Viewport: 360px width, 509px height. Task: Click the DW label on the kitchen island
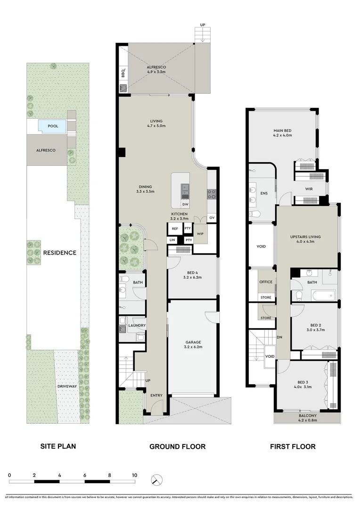click(185, 204)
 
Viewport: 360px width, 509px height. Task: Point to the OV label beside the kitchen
click(212, 217)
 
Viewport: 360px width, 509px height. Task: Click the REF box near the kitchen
click(175, 229)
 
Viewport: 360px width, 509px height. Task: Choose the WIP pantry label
click(200, 234)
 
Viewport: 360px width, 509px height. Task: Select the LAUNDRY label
click(137, 325)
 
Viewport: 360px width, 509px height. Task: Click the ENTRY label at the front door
click(156, 395)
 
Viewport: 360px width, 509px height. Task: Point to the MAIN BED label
click(283, 131)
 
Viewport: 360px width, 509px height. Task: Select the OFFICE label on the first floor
click(265, 282)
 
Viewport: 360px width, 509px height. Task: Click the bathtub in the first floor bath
click(322, 296)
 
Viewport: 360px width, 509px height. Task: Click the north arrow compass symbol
click(156, 480)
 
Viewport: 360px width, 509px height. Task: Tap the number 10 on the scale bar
click(135, 475)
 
